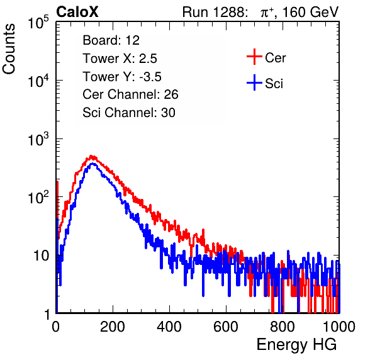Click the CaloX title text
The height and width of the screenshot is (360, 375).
[x=77, y=12]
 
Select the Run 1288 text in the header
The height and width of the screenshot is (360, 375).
[x=215, y=12]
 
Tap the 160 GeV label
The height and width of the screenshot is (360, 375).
[x=311, y=12]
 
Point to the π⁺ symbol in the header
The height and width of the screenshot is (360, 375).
[x=267, y=13]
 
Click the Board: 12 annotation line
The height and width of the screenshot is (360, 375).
[x=111, y=40]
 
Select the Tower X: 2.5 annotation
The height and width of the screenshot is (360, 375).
[x=120, y=59]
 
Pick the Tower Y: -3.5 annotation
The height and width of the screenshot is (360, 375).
[x=122, y=77]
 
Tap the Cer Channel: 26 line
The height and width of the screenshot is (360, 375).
[x=130, y=94]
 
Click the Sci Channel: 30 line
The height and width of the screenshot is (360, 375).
[x=129, y=113]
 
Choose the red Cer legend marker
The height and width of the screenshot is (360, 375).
[x=254, y=57]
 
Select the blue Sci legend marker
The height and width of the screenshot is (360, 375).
[x=254, y=83]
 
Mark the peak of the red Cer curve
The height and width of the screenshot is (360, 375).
[x=91, y=156]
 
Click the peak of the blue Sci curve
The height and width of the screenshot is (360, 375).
[x=92, y=164]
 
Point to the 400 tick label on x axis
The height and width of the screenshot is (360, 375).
[x=169, y=327]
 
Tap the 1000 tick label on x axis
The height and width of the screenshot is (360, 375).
[x=339, y=327]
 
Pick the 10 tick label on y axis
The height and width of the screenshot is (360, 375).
[x=42, y=256]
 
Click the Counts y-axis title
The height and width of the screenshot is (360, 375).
[x=9, y=49]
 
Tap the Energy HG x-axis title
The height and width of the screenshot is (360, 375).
[x=296, y=345]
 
